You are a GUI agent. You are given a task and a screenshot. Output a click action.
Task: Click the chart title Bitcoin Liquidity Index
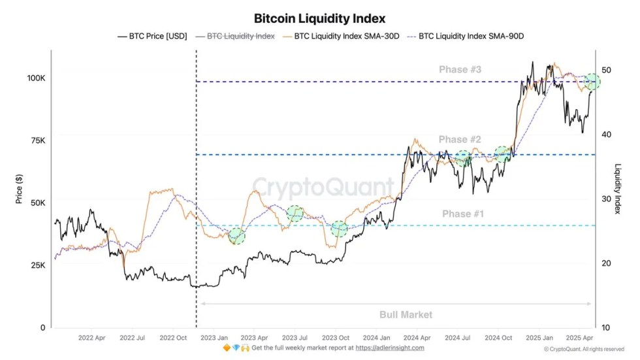(319, 18)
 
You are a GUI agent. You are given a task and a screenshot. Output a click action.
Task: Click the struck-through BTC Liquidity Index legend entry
(240, 37)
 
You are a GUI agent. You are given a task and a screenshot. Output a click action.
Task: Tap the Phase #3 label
(460, 70)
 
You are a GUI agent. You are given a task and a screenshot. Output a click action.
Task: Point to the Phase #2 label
(460, 140)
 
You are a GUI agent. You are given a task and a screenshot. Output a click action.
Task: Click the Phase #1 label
(463, 214)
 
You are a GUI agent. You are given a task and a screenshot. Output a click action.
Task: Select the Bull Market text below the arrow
(406, 315)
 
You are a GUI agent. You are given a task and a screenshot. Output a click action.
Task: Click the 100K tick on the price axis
(36, 78)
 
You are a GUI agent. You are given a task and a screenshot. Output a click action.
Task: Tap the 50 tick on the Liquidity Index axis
(606, 70)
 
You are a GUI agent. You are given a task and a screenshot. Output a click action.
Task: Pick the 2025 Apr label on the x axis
(579, 338)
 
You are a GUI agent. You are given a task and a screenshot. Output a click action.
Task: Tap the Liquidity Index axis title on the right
(618, 189)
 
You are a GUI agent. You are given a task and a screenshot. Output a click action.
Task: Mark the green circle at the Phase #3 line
(592, 82)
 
